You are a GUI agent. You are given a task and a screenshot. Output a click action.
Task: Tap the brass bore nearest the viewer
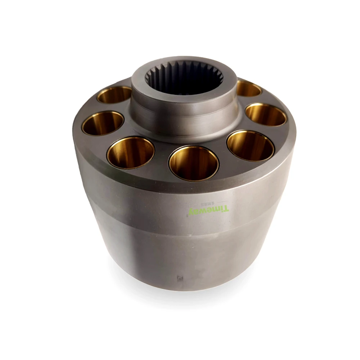[x=194, y=163]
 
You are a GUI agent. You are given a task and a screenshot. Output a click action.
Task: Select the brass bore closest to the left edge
[x=103, y=123]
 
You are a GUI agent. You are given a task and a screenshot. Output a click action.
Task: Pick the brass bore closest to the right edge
[x=266, y=115]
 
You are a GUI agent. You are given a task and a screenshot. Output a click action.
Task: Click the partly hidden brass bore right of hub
[x=249, y=89]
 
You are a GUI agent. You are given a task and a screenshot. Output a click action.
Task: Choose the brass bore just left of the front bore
[x=131, y=153]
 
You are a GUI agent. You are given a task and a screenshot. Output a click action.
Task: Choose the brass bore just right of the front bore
[x=251, y=145]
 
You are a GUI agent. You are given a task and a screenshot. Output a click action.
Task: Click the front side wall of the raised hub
[x=184, y=115]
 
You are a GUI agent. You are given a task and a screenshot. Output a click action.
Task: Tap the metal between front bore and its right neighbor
[x=223, y=158]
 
